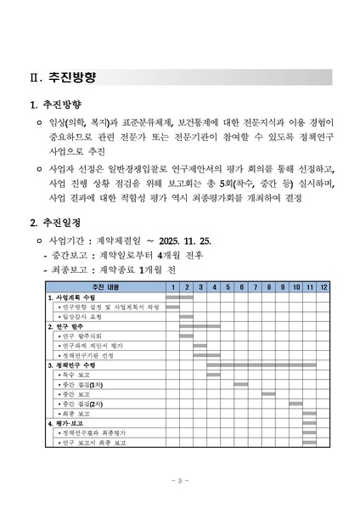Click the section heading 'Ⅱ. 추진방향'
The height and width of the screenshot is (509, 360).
(61, 76)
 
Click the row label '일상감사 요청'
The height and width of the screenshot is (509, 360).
(83, 317)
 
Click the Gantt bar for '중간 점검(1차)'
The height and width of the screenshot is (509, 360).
(241, 384)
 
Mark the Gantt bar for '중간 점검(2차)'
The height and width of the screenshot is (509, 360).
(296, 404)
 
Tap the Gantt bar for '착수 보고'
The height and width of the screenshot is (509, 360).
(214, 375)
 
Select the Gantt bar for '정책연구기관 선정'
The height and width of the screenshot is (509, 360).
(200, 355)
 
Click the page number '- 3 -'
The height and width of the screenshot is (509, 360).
(180, 481)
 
